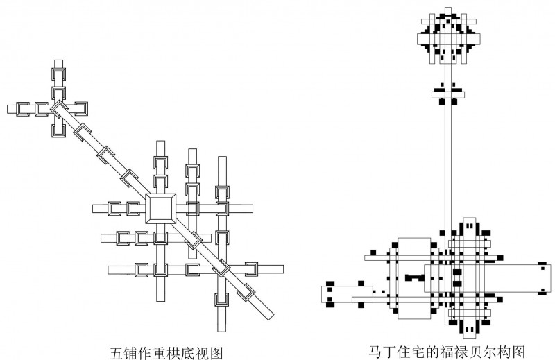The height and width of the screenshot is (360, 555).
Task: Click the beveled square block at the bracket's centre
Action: click(160, 208)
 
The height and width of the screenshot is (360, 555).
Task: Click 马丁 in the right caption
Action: click(382, 351)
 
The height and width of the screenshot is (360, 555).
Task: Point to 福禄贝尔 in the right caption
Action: click(463, 351)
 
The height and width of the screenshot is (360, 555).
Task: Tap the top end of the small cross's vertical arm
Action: click(58, 65)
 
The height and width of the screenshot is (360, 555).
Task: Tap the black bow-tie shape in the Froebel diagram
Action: click(414, 277)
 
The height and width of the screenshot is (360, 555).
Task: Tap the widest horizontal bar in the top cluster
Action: click(449, 40)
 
